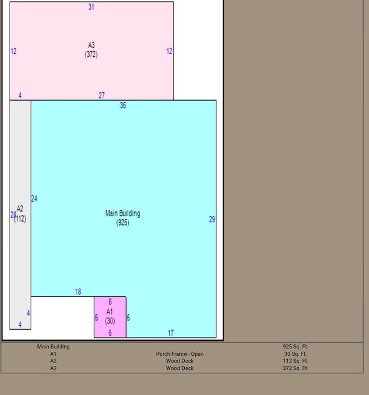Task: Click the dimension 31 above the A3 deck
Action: click(91, 7)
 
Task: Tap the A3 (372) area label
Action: click(91, 50)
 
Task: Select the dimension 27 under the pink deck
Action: click(102, 95)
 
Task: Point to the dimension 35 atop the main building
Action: click(123, 105)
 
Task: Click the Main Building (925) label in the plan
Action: click(123, 218)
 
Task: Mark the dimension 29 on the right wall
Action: click(212, 219)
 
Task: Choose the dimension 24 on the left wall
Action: click(34, 198)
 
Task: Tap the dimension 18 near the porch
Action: click(78, 292)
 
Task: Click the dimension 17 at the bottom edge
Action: click(170, 333)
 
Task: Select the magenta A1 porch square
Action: click(110, 317)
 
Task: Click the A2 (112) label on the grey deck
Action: click(20, 214)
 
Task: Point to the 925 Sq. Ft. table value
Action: click(295, 346)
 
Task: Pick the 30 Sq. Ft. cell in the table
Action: click(295, 354)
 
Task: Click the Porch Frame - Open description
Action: click(179, 354)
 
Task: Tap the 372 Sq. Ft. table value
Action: click(295, 368)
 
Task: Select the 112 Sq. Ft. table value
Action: click(295, 361)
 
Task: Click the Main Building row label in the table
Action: click(53, 346)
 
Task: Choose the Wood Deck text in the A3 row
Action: click(179, 368)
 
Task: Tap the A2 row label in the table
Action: click(53, 361)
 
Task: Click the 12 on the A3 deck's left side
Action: click(13, 51)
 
